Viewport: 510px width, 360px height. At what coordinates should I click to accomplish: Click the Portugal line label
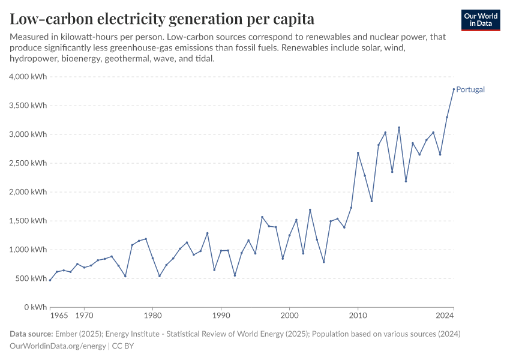click(x=470, y=89)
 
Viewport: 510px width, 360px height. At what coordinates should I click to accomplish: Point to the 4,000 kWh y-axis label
click(x=28, y=77)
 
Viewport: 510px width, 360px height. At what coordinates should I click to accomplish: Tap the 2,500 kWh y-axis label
click(x=28, y=163)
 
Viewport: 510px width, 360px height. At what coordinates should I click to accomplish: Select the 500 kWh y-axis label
click(x=31, y=278)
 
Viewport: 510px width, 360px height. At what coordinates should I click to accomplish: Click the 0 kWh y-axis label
click(x=35, y=307)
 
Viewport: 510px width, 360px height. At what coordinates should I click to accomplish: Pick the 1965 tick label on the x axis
click(x=58, y=314)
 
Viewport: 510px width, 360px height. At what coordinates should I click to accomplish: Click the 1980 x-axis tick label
click(x=152, y=314)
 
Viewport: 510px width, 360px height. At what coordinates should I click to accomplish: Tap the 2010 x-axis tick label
click(x=358, y=314)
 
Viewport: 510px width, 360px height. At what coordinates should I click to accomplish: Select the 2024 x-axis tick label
click(x=445, y=314)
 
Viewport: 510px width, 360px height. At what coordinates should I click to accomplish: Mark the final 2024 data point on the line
click(x=454, y=89)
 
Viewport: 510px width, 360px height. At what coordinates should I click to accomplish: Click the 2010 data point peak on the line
click(x=358, y=153)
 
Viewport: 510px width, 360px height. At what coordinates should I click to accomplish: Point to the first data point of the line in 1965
click(x=50, y=280)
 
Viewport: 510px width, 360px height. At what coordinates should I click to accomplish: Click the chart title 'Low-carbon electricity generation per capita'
click(x=162, y=19)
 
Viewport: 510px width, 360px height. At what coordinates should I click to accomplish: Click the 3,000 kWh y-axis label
click(x=28, y=134)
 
